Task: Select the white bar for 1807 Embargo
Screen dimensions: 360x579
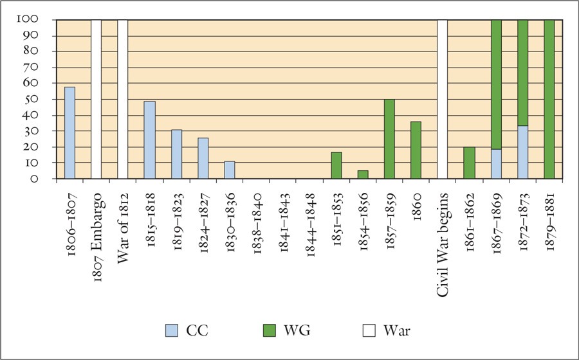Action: click(96, 100)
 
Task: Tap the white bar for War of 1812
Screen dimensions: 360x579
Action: click(123, 100)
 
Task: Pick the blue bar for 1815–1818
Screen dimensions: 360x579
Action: click(149, 139)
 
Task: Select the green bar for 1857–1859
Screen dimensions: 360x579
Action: click(390, 139)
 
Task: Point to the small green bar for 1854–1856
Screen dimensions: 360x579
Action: click(363, 175)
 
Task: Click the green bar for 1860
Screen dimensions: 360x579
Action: click(416, 150)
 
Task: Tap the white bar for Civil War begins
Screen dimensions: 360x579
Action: click(443, 100)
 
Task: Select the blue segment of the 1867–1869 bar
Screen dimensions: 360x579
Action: click(496, 164)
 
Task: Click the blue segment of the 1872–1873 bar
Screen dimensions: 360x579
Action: click(523, 152)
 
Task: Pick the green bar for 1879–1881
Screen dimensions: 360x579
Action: click(549, 100)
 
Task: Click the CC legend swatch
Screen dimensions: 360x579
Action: click(172, 331)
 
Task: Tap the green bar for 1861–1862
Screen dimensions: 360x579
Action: click(470, 163)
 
